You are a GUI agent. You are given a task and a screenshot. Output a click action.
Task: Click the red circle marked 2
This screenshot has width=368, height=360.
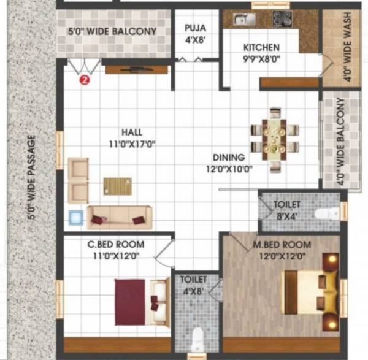(x=85, y=79)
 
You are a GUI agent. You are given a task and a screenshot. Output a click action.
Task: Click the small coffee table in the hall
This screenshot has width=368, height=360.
(x=117, y=185)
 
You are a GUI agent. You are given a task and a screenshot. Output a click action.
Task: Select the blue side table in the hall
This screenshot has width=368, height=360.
(x=75, y=217)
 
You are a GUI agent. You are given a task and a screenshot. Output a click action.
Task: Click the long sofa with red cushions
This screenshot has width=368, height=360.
(x=119, y=216)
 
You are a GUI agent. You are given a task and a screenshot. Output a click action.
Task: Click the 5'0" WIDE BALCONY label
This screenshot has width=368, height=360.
(x=107, y=31)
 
